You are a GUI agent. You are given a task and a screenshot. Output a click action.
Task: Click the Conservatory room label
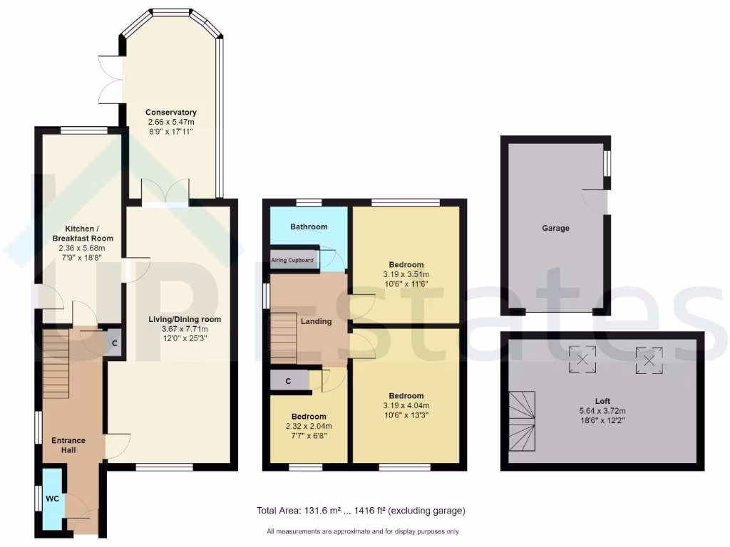click(x=170, y=113)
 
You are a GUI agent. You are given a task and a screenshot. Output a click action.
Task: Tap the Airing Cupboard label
click(x=292, y=260)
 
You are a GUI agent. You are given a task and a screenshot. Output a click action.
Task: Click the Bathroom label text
click(x=309, y=226)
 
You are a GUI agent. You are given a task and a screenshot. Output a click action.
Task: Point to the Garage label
click(x=555, y=228)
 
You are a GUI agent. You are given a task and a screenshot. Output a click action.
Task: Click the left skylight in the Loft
click(x=582, y=360)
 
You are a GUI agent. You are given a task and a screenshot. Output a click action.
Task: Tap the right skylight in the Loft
click(x=649, y=360)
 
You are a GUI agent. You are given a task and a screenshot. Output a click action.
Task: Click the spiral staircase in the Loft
click(x=524, y=420)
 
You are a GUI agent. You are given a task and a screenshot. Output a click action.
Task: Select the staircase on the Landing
click(x=283, y=339)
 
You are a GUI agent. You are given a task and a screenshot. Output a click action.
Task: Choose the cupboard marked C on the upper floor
click(x=289, y=381)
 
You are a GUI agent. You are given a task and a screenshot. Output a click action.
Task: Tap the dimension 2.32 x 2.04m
click(x=309, y=426)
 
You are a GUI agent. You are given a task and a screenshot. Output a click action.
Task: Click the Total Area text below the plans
click(x=361, y=511)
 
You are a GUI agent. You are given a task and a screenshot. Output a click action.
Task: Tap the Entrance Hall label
click(x=68, y=445)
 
